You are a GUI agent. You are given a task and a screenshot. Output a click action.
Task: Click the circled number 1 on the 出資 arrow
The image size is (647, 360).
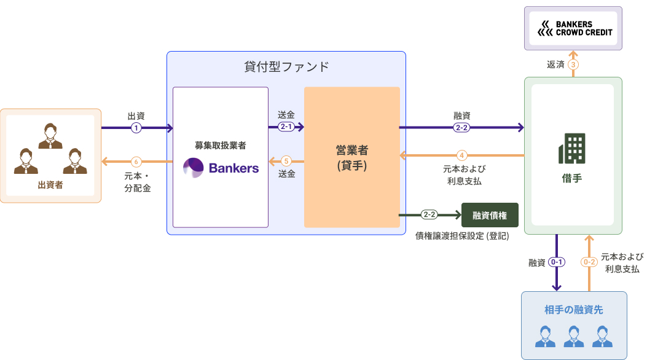coord(136,128)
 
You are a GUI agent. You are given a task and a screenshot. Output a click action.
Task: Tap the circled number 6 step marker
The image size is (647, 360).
coord(136,162)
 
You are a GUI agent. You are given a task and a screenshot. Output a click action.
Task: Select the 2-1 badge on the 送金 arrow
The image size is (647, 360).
coord(286,127)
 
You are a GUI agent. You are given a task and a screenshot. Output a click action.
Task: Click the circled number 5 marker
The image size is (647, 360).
coord(286,161)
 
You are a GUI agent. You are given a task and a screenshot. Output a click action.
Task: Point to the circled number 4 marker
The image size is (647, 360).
coord(462,155)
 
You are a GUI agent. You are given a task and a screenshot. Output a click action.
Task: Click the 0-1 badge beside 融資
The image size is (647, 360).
coord(557,262)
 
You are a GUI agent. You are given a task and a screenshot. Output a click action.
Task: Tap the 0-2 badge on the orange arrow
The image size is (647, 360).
coord(589,262)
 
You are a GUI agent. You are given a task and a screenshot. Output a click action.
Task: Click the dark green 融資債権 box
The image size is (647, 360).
coord(490,215)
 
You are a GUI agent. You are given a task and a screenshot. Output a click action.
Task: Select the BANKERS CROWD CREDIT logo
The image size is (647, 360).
coord(573,28)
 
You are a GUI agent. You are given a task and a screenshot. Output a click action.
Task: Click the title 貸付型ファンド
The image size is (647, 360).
coord(286,66)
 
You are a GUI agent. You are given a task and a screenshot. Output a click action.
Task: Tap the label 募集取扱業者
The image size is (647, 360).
coord(221,146)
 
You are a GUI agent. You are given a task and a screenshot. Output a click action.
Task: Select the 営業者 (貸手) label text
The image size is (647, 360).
coord(351,157)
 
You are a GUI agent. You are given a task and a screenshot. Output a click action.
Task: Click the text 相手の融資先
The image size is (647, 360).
coord(574,310)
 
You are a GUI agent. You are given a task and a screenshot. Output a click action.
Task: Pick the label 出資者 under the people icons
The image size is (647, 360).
coord(50,184)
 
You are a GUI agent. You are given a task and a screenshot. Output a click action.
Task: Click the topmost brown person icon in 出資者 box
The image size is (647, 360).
coord(50,136)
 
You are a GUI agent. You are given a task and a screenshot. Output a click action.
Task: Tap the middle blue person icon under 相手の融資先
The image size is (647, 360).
coord(574,336)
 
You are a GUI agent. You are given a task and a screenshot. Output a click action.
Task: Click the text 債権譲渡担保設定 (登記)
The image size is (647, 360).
coord(462,235)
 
